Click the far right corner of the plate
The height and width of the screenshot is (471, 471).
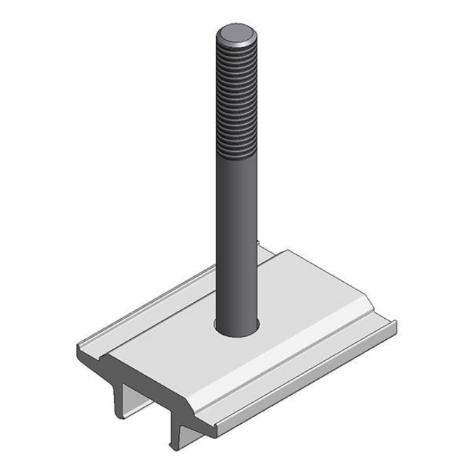(x=395, y=322)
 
